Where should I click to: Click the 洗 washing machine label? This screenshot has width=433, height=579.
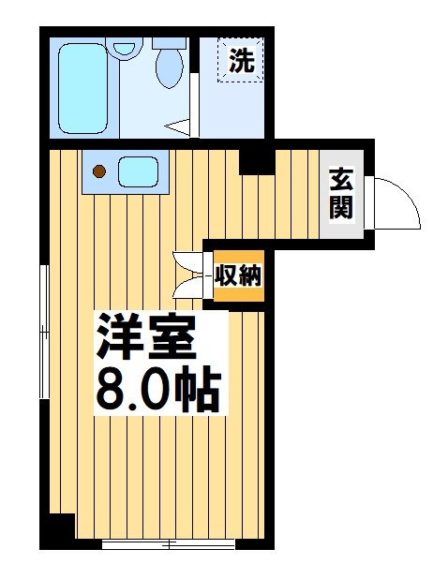click(x=242, y=63)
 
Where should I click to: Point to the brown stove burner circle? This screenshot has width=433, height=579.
click(x=100, y=171)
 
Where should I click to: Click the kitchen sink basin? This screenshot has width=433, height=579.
click(x=139, y=171)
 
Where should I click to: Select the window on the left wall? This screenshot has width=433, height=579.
click(x=43, y=333)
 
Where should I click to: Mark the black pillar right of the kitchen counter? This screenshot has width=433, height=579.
click(x=251, y=162)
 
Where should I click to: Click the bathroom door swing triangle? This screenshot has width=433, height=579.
click(x=178, y=123)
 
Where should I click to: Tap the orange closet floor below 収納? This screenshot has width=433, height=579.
click(x=239, y=294)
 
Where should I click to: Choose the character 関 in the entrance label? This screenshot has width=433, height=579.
click(x=340, y=207)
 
